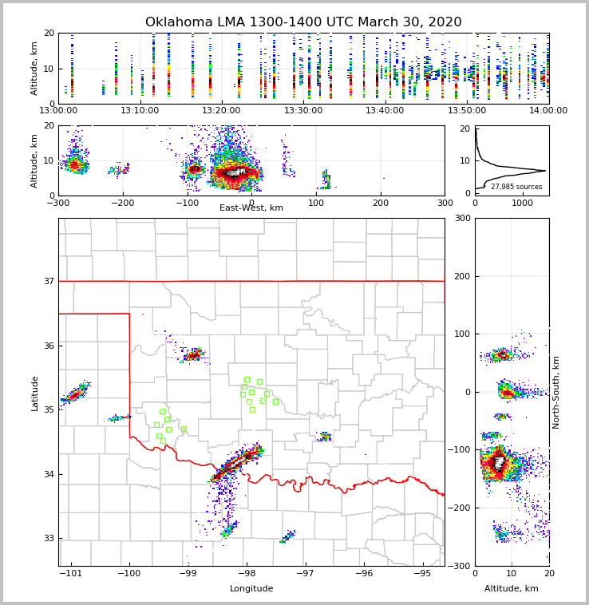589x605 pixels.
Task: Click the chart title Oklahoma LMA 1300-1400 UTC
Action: (303, 22)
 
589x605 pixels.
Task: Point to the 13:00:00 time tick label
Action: (58, 110)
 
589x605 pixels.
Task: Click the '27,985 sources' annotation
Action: (516, 187)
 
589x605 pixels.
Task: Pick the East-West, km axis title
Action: (251, 208)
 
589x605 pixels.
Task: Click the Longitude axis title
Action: (251, 589)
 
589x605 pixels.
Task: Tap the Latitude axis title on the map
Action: (34, 393)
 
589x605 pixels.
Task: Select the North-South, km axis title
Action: (556, 392)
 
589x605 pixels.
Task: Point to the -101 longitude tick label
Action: (72, 573)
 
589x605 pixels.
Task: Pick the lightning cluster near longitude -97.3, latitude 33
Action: (288, 537)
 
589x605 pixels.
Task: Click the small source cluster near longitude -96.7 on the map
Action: (324, 437)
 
